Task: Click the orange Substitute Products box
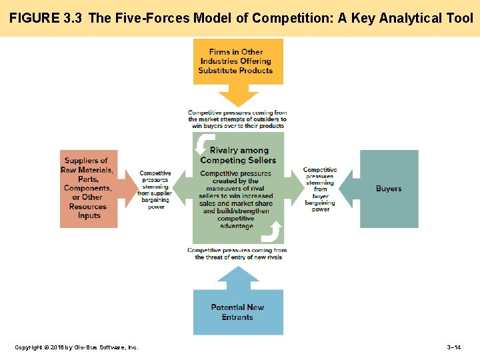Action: [x=238, y=61]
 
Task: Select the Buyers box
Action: [x=389, y=189]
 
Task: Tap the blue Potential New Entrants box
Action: [x=238, y=312]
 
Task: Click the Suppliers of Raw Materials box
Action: [x=89, y=189]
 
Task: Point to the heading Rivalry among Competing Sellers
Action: [x=238, y=155]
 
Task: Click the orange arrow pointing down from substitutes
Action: [x=238, y=96]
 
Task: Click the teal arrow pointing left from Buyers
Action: [x=348, y=189]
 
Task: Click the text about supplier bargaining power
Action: [x=155, y=191]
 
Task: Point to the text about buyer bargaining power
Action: [x=321, y=190]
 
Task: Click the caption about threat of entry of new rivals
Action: [x=237, y=254]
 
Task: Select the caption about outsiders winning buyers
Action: [x=237, y=119]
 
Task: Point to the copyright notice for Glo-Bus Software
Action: [x=77, y=347]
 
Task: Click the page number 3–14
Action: [x=453, y=347]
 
